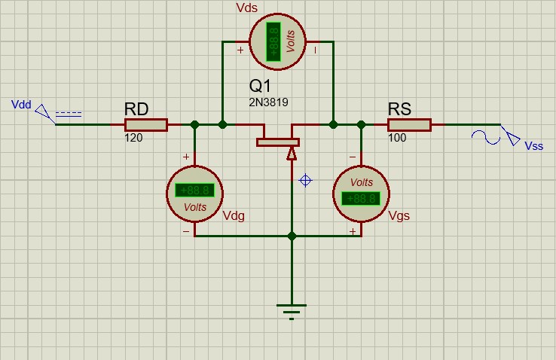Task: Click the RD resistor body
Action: pyautogui.click(x=145, y=124)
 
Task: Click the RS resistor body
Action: pyautogui.click(x=409, y=124)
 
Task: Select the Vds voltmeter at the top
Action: pyautogui.click(x=276, y=41)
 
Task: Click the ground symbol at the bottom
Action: pyautogui.click(x=292, y=310)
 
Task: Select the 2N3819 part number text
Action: pyautogui.click(x=269, y=102)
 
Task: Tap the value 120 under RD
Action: pyautogui.click(x=134, y=139)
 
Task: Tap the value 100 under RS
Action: pyautogui.click(x=397, y=139)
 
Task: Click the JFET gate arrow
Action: pyautogui.click(x=292, y=154)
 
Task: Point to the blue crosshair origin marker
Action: pyautogui.click(x=305, y=180)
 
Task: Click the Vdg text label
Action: pyautogui.click(x=234, y=215)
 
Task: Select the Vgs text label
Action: pyautogui.click(x=400, y=215)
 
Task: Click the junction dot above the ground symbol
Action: pyautogui.click(x=292, y=236)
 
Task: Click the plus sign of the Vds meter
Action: pyautogui.click(x=240, y=51)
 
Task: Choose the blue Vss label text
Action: pyautogui.click(x=533, y=146)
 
